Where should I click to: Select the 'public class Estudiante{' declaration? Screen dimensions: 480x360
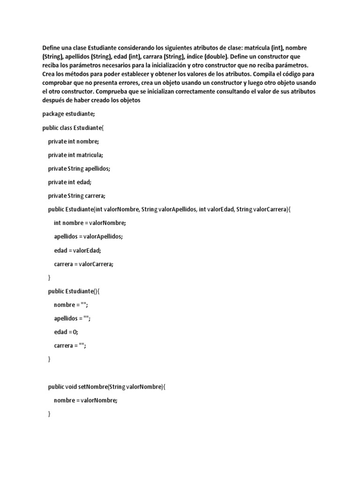click(76, 127)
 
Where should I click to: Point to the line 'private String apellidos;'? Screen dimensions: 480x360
click(79, 168)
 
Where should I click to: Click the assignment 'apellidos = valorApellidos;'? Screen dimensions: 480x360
click(88, 236)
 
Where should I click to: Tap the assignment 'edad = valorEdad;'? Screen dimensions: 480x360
click(77, 250)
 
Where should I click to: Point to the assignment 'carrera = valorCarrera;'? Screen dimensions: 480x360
click(83, 263)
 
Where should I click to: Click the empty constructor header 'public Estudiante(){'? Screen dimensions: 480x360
click(74, 291)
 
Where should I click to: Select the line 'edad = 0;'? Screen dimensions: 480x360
click(66, 332)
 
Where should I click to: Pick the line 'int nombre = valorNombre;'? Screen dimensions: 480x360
click(90, 223)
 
